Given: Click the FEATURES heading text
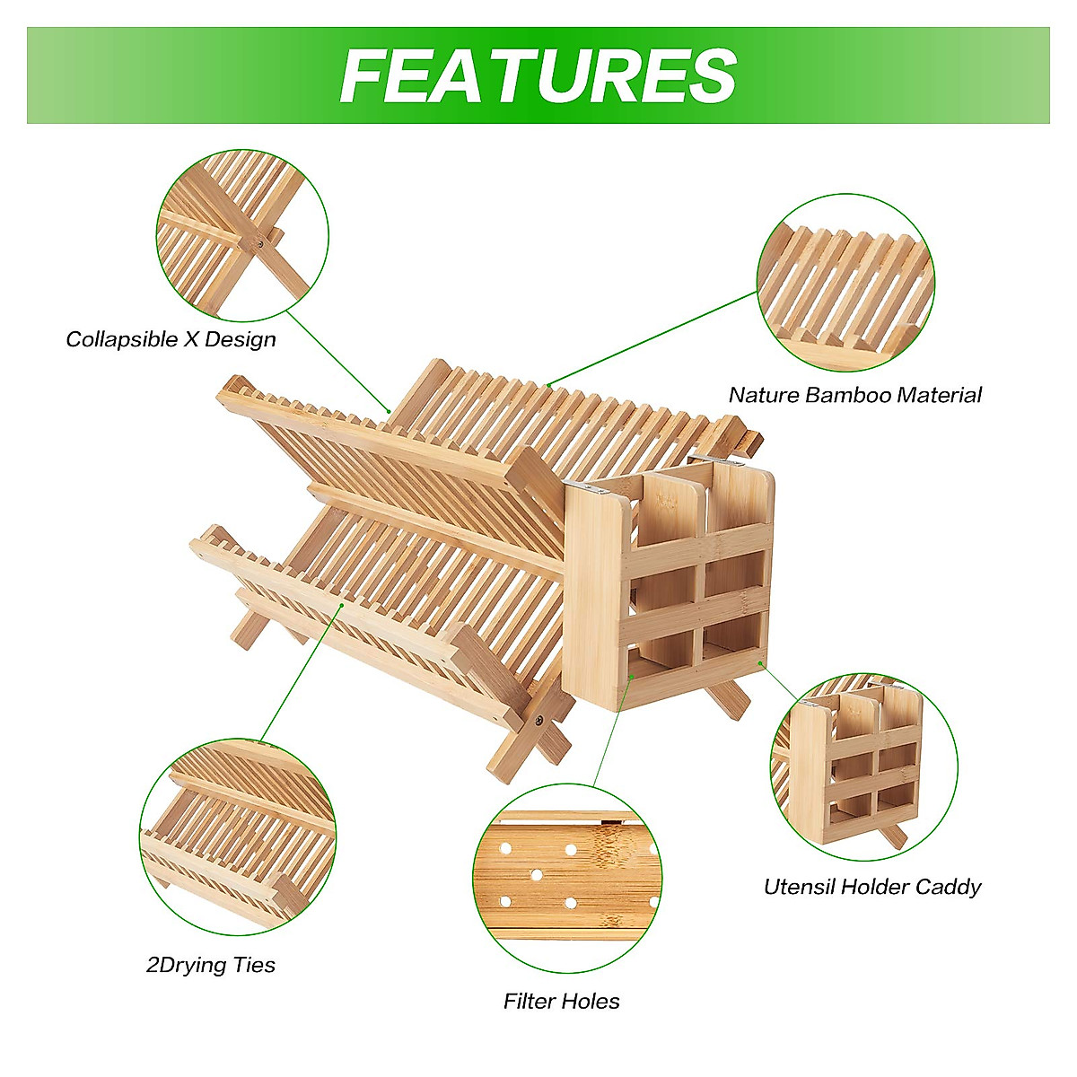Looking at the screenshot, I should [538, 75].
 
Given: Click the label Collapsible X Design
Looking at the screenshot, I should [171, 339].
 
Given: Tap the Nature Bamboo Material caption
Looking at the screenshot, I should [854, 395].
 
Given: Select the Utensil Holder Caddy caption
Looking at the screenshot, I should [872, 887].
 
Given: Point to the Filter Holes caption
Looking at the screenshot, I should [562, 1001].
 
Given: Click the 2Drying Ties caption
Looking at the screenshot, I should [211, 965].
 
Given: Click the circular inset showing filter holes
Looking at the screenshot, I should [567, 878].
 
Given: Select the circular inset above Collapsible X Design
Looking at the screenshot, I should [242, 235].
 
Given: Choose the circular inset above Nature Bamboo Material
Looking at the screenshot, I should [845, 282].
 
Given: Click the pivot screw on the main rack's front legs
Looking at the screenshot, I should [538, 719].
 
